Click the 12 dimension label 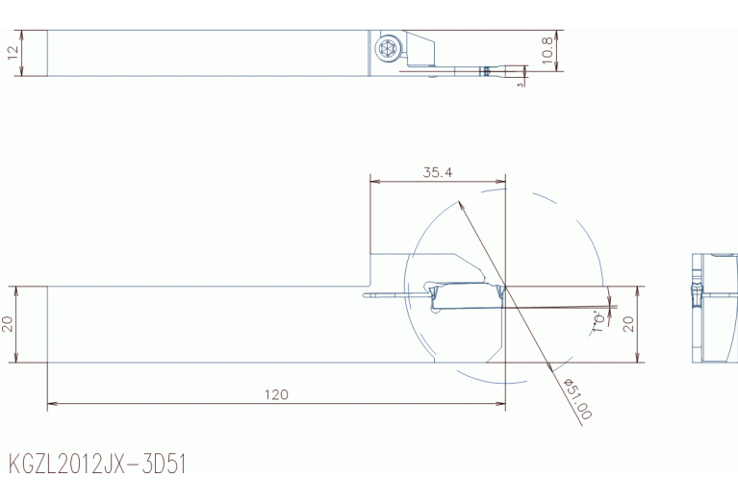(13, 52)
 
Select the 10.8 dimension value (547, 50)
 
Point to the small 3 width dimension (521, 85)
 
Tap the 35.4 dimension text (437, 172)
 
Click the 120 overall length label (276, 394)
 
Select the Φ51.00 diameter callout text (577, 398)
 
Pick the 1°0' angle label (598, 321)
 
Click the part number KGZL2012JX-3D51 (97, 464)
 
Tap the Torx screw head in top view (388, 48)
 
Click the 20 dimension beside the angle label (628, 324)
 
